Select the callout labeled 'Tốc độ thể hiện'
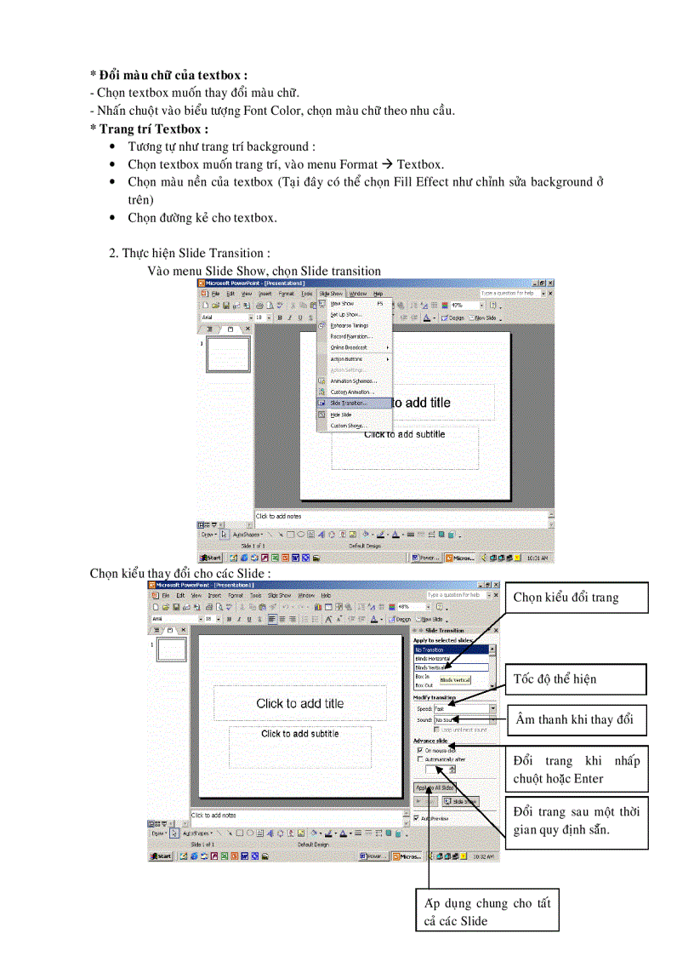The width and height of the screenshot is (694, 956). [x=566, y=678]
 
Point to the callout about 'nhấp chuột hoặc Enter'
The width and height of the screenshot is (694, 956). [x=576, y=770]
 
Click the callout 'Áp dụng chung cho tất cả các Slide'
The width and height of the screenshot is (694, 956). [x=488, y=912]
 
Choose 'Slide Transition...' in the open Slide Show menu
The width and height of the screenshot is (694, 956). [x=349, y=403]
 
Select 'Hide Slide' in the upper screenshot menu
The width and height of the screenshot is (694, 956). [x=341, y=415]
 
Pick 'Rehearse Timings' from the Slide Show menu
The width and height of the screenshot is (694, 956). [x=349, y=325]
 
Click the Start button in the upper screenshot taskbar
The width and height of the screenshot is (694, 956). [x=211, y=558]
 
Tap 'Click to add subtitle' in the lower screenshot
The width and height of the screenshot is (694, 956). [x=299, y=734]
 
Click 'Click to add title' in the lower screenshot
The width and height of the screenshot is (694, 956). [x=299, y=703]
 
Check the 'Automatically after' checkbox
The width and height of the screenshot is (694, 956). [x=419, y=759]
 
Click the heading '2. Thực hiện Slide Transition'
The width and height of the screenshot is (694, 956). [x=190, y=253]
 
